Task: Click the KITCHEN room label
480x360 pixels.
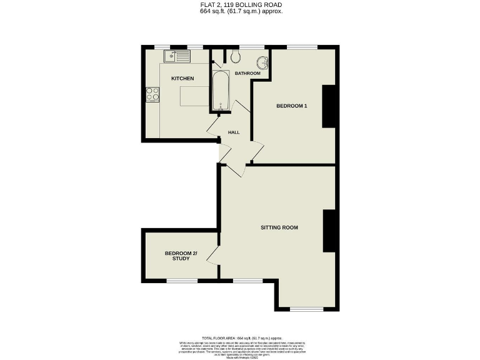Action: (182, 78)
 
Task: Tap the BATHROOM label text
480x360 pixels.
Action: (247, 73)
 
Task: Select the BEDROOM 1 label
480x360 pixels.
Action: (292, 106)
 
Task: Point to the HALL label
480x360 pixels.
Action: (234, 132)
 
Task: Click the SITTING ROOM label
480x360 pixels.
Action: (279, 227)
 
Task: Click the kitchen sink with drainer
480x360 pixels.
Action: (177, 56)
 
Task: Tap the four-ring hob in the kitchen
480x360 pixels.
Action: (152, 94)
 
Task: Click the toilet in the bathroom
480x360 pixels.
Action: (235, 57)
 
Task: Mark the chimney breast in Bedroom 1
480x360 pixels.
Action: (329, 106)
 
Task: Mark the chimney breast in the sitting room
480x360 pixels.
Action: (330, 231)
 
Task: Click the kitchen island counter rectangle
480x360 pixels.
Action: (194, 97)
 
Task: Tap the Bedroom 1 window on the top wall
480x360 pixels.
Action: (303, 47)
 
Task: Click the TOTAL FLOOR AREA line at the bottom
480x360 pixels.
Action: (241, 337)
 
